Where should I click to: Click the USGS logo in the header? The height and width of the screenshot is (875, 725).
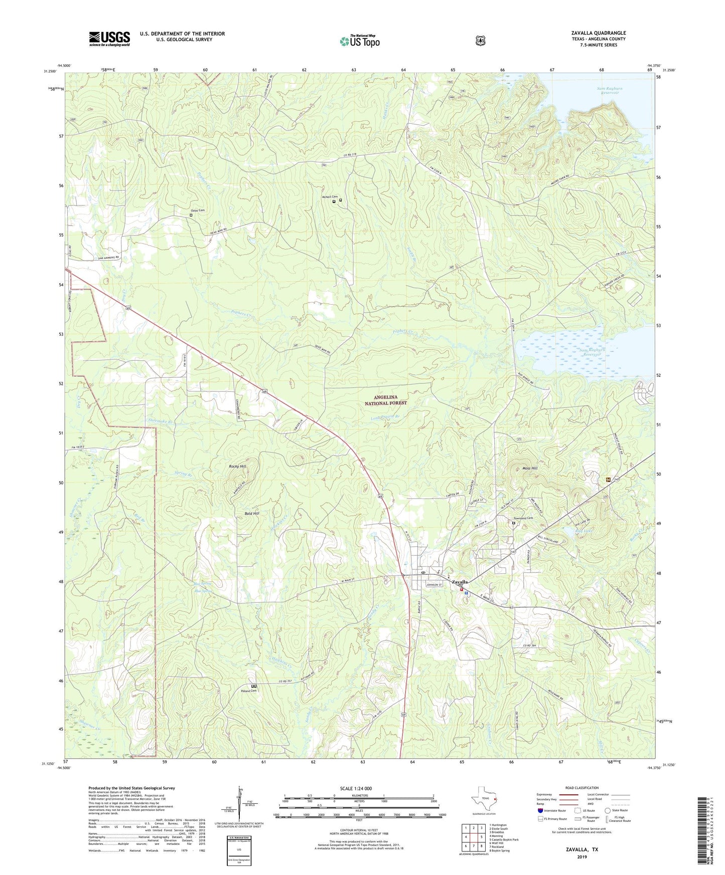point(109,39)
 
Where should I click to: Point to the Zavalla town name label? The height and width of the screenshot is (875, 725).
point(460,582)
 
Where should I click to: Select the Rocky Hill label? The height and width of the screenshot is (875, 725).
point(237,466)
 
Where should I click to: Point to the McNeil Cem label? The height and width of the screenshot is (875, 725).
point(330,197)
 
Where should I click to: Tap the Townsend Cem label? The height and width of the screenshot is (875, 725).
point(522,518)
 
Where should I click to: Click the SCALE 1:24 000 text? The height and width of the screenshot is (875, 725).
point(356,788)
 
